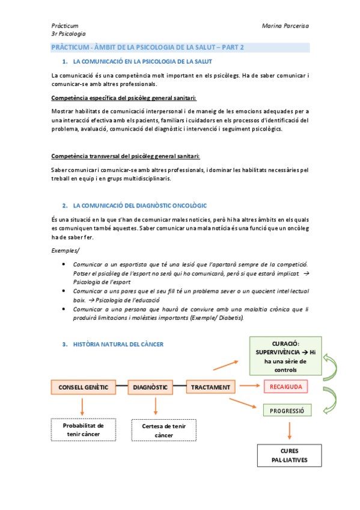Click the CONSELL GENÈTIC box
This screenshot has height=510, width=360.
83,387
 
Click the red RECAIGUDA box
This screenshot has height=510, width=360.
285,386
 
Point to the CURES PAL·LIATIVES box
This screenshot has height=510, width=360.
290,455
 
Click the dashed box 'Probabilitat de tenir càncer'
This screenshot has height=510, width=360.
84,429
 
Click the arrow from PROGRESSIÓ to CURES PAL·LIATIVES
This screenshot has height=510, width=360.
290,429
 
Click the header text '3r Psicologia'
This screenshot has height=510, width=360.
69,34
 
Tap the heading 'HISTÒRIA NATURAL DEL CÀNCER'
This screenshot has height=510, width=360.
117,345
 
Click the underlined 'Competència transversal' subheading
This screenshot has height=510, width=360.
126,156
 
